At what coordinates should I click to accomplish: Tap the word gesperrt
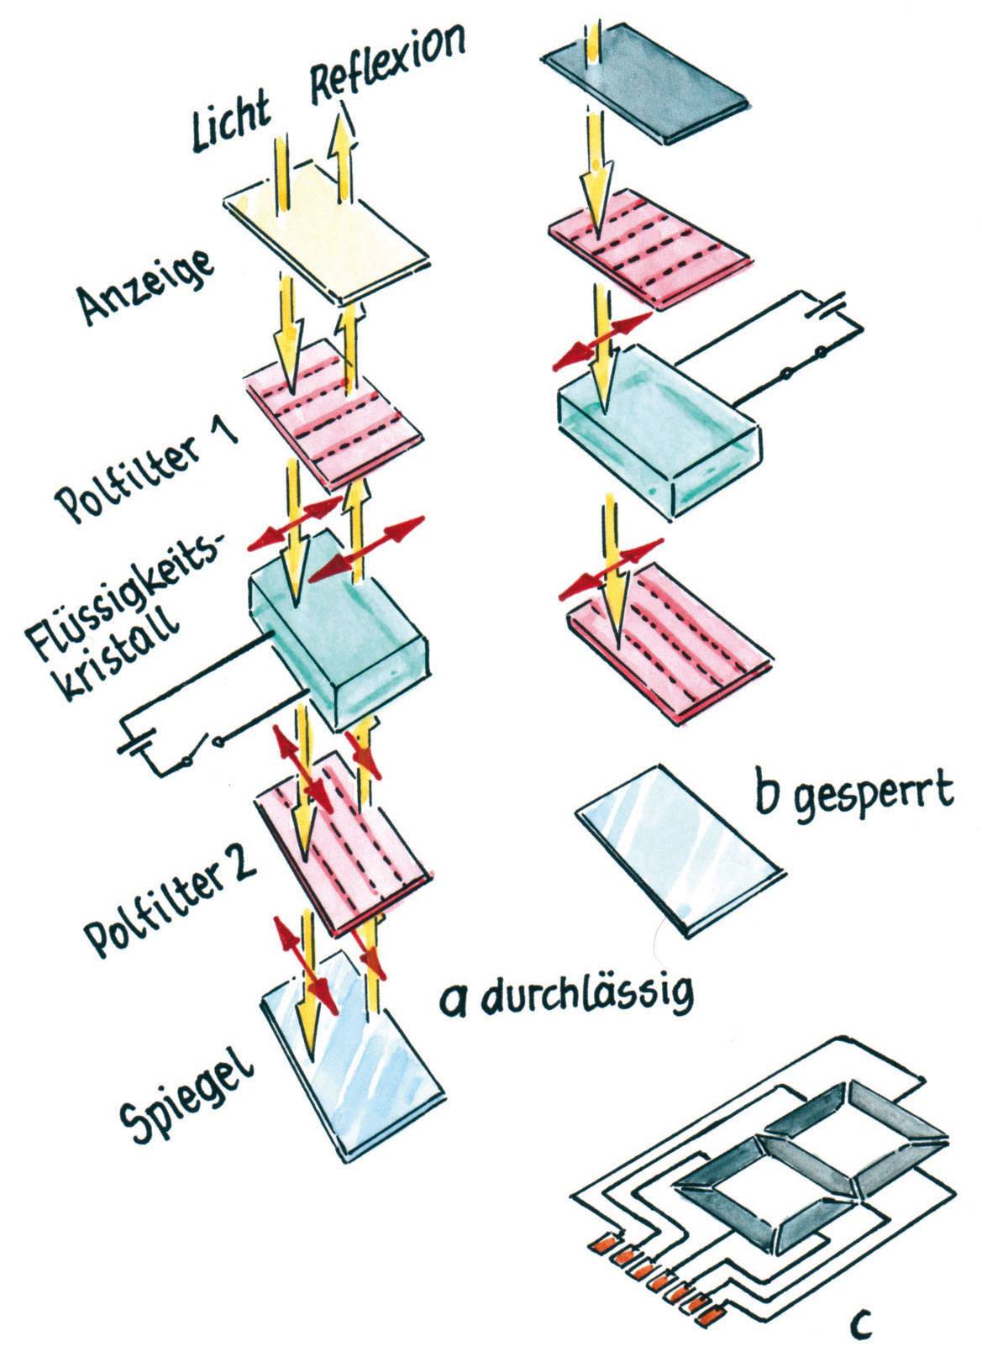874,793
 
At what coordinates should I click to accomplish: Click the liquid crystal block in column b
659,429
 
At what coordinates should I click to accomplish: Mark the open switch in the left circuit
202,750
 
